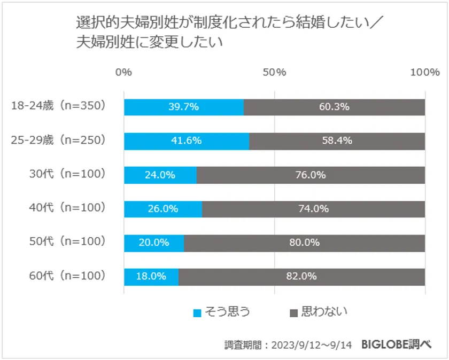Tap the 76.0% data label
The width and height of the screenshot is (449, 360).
pyautogui.click(x=311, y=175)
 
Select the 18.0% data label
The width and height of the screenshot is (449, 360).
pyautogui.click(x=150, y=277)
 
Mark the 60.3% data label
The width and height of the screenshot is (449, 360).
pyautogui.click(x=334, y=107)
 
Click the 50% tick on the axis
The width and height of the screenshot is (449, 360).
pyautogui.click(x=274, y=73)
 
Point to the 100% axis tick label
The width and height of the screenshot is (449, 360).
pyautogui.click(x=424, y=73)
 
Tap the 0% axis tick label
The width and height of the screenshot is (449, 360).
pyautogui.click(x=124, y=73)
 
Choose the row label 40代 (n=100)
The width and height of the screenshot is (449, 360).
pyautogui.click(x=67, y=208)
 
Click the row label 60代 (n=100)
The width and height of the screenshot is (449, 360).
pyautogui.click(x=67, y=276)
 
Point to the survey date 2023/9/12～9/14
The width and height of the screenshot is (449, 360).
pyautogui.click(x=312, y=345)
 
